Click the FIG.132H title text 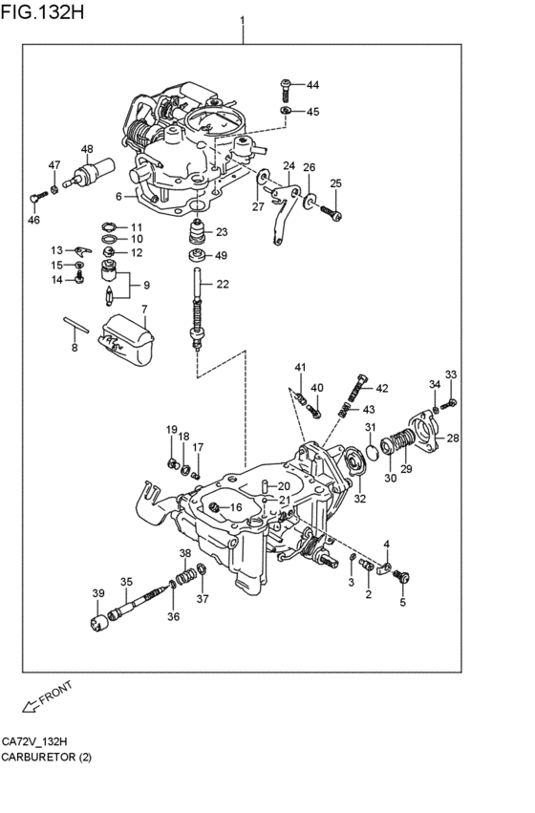(x=42, y=11)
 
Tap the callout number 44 (x=312, y=85)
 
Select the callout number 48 (x=87, y=149)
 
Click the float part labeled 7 (x=126, y=339)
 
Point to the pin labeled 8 (x=76, y=325)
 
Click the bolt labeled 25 (x=331, y=212)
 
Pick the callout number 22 (x=223, y=284)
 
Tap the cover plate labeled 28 (x=423, y=433)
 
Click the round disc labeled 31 (x=372, y=452)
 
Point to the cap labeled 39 (x=98, y=621)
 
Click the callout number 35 (x=126, y=582)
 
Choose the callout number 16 (x=236, y=507)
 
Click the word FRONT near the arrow (x=56, y=693)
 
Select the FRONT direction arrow (x=31, y=704)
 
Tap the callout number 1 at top (x=242, y=21)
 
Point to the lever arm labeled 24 (x=284, y=211)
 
